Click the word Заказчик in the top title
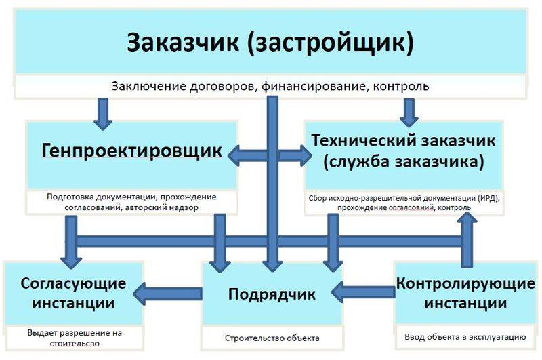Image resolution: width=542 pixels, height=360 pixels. click(183, 42)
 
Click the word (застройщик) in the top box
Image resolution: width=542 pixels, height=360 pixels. click(331, 43)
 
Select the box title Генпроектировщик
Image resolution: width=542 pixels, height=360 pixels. click(131, 151)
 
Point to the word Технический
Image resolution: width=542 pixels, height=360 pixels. click(364, 140)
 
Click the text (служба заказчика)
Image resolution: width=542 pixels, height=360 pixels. click(403, 162)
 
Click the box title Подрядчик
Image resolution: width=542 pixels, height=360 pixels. click(272, 294)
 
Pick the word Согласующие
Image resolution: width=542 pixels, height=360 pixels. click(73, 283)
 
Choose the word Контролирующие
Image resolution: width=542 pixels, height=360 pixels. click(465, 283)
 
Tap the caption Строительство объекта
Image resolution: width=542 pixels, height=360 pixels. click(272, 338)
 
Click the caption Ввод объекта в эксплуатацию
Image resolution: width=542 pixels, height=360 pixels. click(465, 337)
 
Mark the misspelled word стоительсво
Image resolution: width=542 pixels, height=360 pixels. click(75, 344)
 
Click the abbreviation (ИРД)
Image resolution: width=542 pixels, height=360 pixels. click(489, 198)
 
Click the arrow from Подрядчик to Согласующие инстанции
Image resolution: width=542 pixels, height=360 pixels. click(167, 294)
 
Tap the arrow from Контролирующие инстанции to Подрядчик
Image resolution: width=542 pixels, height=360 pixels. click(363, 293)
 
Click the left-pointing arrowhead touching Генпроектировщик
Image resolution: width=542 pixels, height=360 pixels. click(234, 156)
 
